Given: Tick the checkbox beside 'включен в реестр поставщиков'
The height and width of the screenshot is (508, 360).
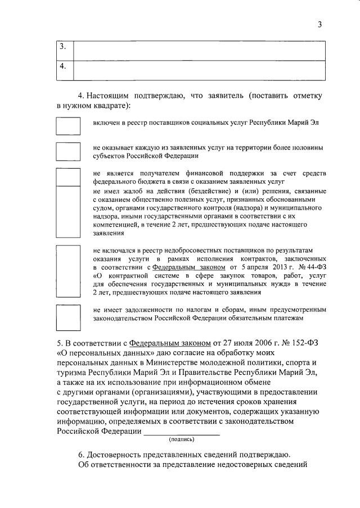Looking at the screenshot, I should pyautogui.click(x=68, y=124).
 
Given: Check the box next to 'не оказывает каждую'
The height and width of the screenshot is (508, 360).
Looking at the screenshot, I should pyautogui.click(x=68, y=151).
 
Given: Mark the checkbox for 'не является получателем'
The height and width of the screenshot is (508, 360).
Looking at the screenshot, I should pyautogui.click(x=68, y=176).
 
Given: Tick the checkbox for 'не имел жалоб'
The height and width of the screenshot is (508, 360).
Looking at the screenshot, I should pyautogui.click(x=68, y=212).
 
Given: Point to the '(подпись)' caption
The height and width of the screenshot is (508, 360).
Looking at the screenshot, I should pyautogui.click(x=182, y=439).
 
